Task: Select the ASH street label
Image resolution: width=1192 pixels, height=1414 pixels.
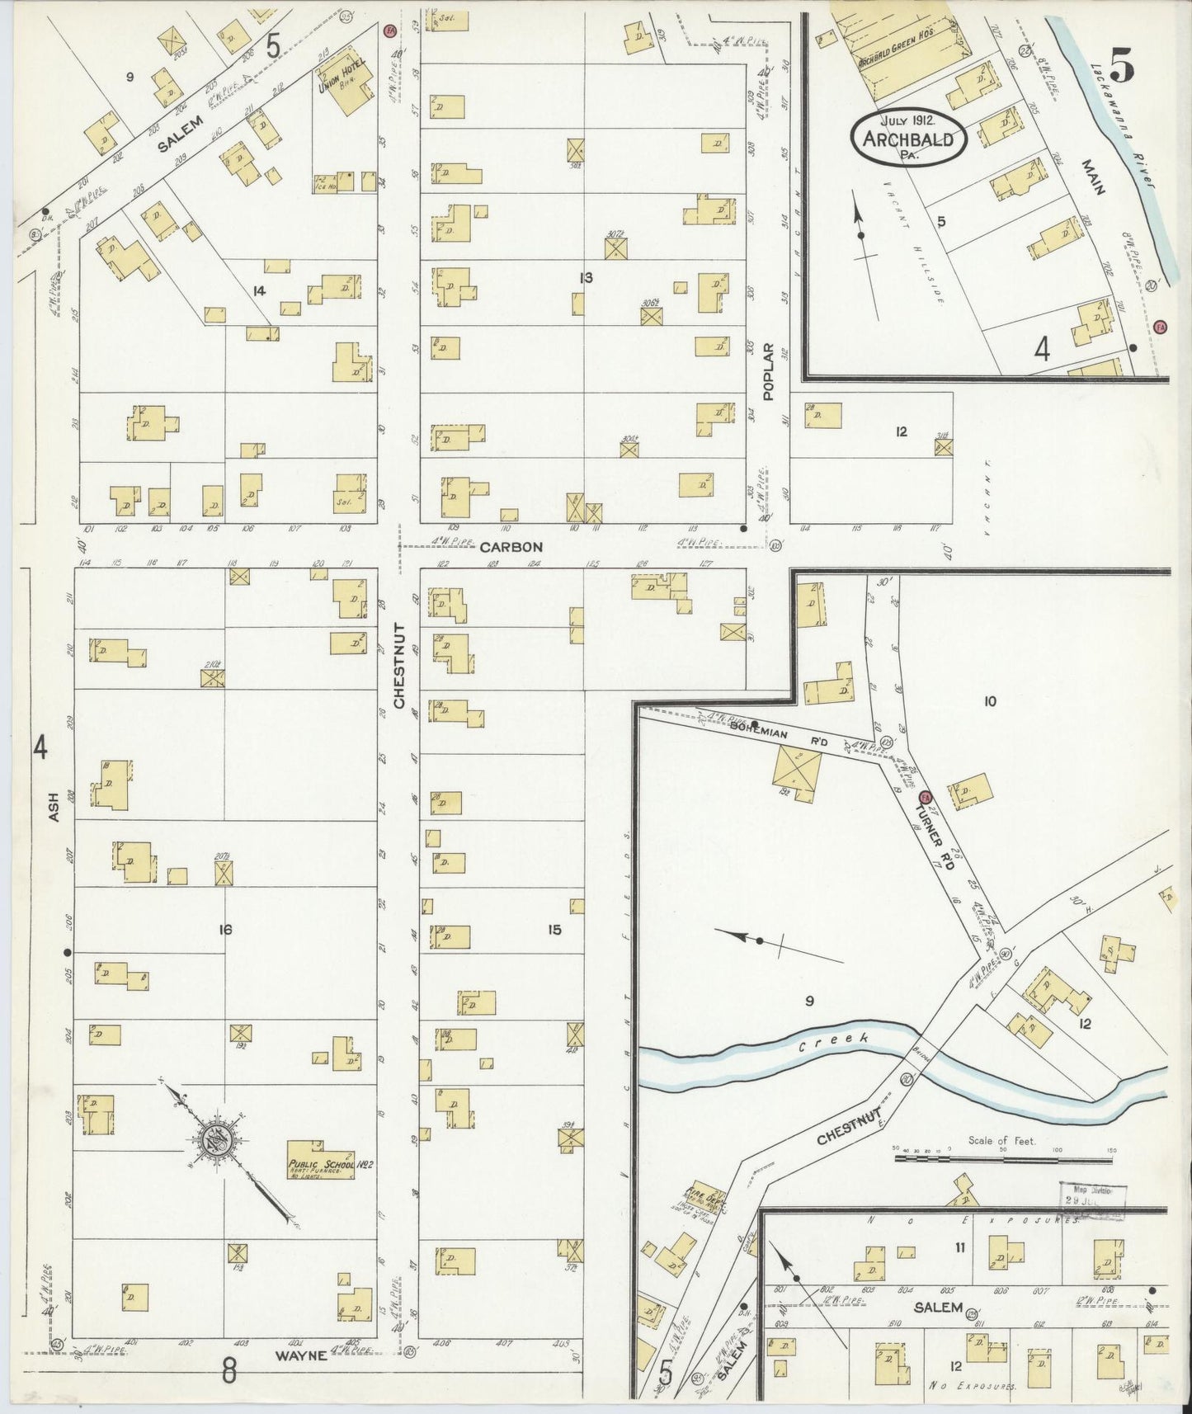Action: tap(54, 807)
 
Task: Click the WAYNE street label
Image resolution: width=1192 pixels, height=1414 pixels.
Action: tap(300, 1355)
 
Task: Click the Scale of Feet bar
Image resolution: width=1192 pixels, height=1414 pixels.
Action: tap(1005, 1158)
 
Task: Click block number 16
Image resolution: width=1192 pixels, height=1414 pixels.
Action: tap(225, 931)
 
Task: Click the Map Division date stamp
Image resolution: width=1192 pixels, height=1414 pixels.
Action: tap(1092, 1197)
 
